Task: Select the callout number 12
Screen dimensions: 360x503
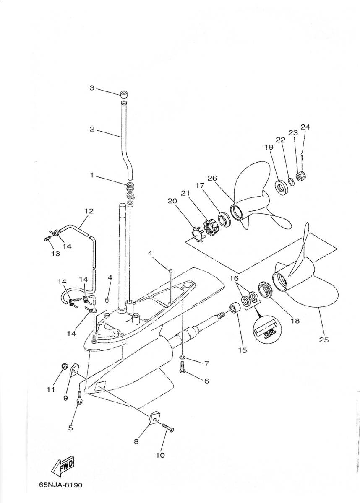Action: coord(89,211)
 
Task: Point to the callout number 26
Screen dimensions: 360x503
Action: coord(212,178)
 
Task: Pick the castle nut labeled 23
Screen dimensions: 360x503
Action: coord(301,177)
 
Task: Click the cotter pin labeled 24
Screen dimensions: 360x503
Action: coord(302,156)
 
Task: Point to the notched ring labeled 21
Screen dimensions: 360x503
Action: coord(211,228)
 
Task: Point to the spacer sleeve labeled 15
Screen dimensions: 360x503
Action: coord(235,308)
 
